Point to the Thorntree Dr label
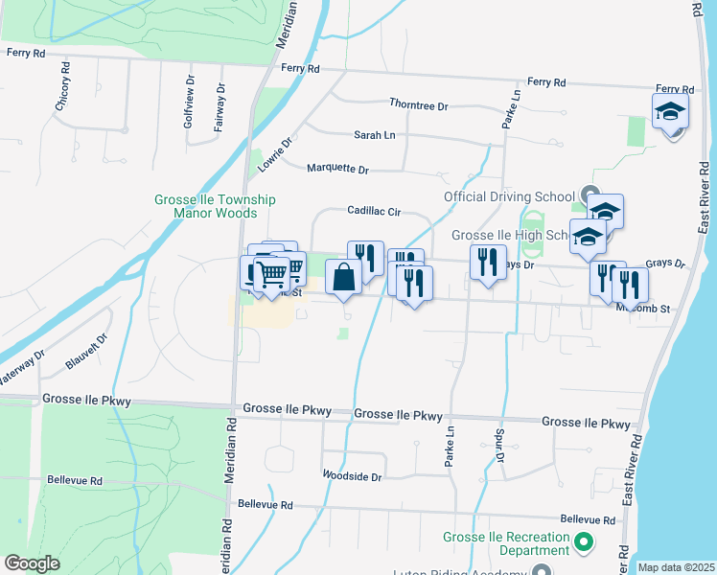click(418, 104)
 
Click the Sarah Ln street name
click(374, 136)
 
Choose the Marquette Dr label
click(337, 169)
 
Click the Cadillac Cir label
click(373, 211)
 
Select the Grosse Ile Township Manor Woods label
click(215, 206)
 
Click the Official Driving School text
click(508, 197)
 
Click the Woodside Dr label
click(352, 476)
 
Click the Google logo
click(32, 563)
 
